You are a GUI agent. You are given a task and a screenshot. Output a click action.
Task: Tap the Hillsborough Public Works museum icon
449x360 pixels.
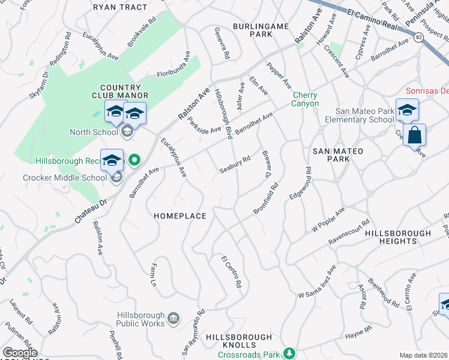tap(173, 317)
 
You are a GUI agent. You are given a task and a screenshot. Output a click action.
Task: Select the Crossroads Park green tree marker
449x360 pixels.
tap(290, 352)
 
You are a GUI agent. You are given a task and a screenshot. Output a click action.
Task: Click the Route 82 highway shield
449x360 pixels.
tap(419, 38)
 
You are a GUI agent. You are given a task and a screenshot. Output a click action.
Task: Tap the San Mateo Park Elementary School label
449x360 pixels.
tap(364, 115)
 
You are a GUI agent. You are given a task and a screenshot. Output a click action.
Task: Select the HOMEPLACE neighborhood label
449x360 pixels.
tap(180, 216)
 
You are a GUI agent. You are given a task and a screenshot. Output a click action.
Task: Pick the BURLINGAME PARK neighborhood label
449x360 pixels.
tap(262, 31)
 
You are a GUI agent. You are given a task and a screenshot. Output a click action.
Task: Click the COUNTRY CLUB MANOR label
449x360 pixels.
tap(116, 91)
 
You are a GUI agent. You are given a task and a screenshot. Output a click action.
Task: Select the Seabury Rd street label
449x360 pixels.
tap(234, 166)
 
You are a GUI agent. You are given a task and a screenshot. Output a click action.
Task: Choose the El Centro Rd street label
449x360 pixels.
tap(231, 271)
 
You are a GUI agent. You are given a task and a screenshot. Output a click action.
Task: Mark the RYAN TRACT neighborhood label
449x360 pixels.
tap(120, 7)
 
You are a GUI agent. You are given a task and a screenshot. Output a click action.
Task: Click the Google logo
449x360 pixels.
tap(20, 353)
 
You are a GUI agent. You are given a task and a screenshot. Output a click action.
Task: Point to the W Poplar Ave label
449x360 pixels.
tap(328, 221)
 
